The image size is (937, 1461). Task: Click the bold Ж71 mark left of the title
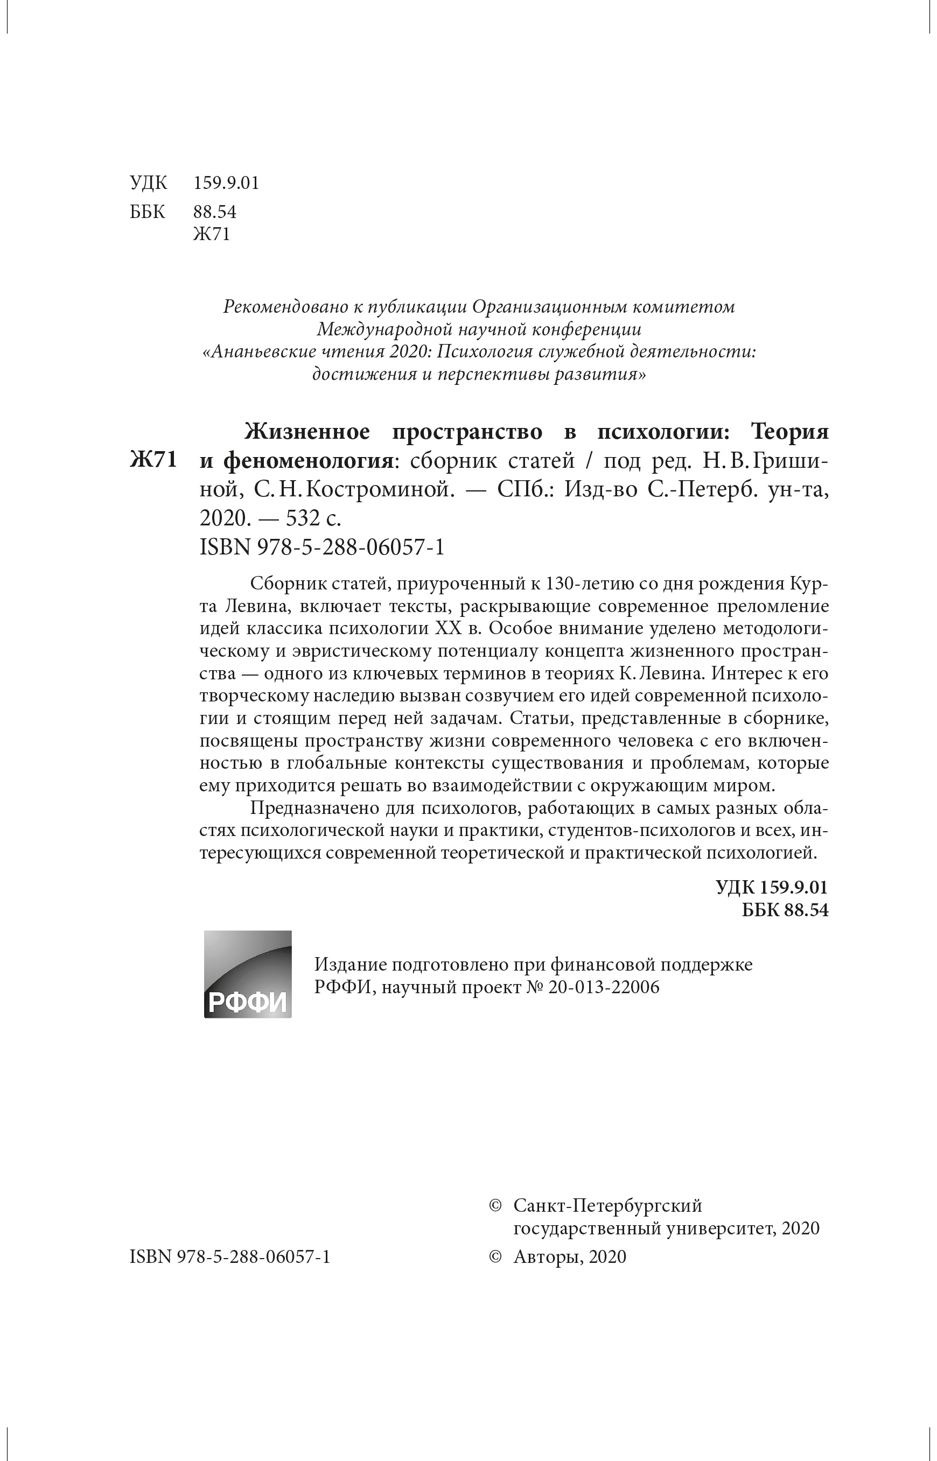153,460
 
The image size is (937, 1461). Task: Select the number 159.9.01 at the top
226,183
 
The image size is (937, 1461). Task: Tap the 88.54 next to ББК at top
214,212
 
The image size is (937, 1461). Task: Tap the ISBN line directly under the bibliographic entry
322,547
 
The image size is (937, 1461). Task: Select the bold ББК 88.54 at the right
785,910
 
